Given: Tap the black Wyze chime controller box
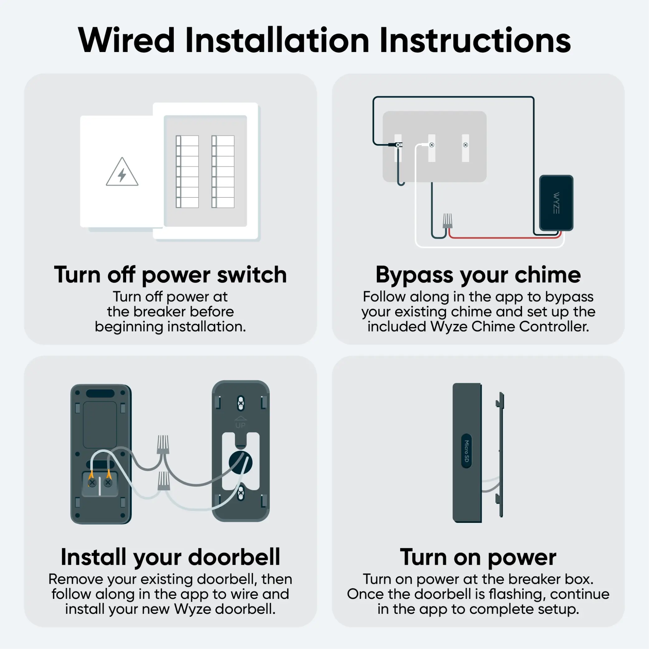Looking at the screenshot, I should click(x=556, y=202).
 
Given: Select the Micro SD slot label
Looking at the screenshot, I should click(x=466, y=451).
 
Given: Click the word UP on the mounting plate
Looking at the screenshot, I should click(x=241, y=425).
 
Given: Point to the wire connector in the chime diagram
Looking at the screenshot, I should click(x=447, y=221).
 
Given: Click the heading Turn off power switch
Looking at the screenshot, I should click(x=170, y=275).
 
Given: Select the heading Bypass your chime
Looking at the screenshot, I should click(x=478, y=275).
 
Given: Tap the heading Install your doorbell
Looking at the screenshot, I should click(x=170, y=557).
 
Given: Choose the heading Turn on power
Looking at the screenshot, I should click(x=478, y=557).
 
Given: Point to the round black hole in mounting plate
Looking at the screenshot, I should click(x=241, y=463).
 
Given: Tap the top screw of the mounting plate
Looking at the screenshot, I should click(x=241, y=403).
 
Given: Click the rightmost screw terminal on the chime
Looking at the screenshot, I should click(x=465, y=145).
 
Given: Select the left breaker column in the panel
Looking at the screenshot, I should click(x=187, y=172).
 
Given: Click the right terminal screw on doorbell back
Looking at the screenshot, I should click(x=108, y=483).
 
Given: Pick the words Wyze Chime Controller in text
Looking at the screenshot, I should click(x=510, y=326).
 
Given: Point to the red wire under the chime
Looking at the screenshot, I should click(x=504, y=237).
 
